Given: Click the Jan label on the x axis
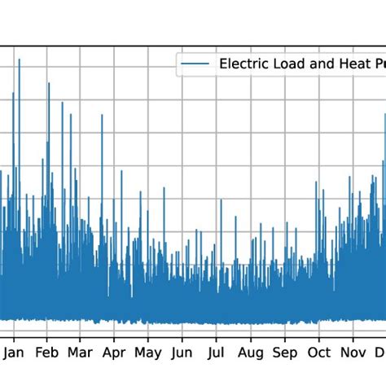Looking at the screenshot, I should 13,353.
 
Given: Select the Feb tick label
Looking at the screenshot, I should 47,353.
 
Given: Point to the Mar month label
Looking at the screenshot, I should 80,353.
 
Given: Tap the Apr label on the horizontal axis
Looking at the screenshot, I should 114,353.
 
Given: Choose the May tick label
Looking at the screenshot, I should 148,353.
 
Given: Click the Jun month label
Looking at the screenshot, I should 182,353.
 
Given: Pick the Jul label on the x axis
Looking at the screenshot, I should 216,353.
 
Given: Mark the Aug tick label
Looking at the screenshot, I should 251,353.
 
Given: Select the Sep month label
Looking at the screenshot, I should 285,353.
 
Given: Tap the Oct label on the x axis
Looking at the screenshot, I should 319,353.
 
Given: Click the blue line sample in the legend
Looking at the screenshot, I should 196,64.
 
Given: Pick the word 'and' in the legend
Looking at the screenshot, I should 321,64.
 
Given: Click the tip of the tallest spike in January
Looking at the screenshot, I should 19,59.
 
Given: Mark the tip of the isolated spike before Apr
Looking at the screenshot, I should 102,115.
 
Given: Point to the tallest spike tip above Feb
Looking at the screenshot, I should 49,82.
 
